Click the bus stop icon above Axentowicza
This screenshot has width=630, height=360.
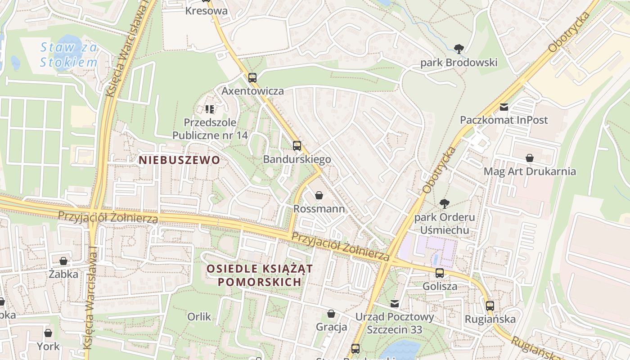pyautogui.click(x=252, y=77)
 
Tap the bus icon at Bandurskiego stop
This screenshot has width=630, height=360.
pyautogui.click(x=297, y=145)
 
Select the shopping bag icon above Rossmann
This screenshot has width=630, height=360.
pyautogui.click(x=319, y=195)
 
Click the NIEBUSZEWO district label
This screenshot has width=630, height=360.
pyautogui.click(x=179, y=160)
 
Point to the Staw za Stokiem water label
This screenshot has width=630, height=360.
pyautogui.click(x=68, y=54)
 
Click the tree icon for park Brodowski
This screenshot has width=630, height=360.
pyautogui.click(x=459, y=49)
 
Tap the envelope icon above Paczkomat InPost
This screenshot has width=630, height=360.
pyautogui.click(x=504, y=107)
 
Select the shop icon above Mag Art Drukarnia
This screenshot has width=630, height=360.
pyautogui.click(x=530, y=158)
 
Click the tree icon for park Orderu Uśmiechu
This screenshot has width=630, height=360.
pyautogui.click(x=444, y=204)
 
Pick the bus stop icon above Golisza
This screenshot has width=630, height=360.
pyautogui.click(x=440, y=273)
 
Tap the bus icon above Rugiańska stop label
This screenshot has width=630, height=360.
pyautogui.click(x=490, y=306)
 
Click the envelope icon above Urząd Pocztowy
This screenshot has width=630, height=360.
pyautogui.click(x=395, y=304)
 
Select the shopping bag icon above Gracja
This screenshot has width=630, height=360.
pyautogui.click(x=331, y=314)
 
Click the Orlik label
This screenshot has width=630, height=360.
pyautogui.click(x=199, y=317)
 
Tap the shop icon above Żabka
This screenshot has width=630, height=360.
pyautogui.click(x=63, y=261)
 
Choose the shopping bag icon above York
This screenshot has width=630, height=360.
pyautogui.click(x=48, y=333)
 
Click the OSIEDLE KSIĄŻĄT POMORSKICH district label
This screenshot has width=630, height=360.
pyautogui.click(x=260, y=275)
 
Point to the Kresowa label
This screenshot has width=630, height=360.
pyautogui.click(x=207, y=11)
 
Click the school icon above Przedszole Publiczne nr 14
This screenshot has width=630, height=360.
pyautogui.click(x=209, y=109)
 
